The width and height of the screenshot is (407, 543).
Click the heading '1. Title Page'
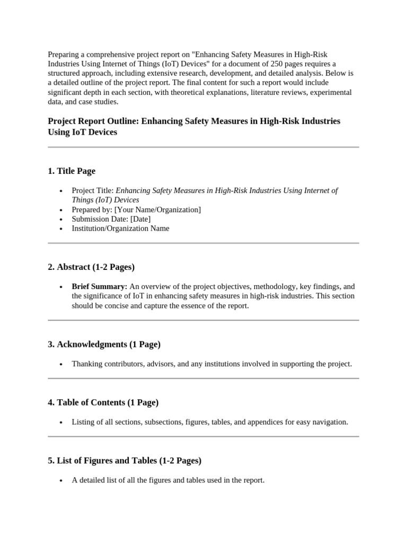pos(72,171)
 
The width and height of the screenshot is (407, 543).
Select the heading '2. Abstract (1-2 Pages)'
pos(91,267)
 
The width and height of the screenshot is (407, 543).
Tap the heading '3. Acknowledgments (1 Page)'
pos(104,344)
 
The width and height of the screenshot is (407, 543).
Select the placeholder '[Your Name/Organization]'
pos(158,209)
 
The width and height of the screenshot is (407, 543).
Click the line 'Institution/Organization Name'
pos(121,229)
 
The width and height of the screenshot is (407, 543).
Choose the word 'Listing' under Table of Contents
pos(83,422)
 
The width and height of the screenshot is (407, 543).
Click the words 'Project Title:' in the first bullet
pos(93,190)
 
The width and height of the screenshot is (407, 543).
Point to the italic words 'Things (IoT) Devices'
pos(105,200)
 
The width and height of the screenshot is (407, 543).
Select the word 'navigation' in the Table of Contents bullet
pos(330,422)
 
